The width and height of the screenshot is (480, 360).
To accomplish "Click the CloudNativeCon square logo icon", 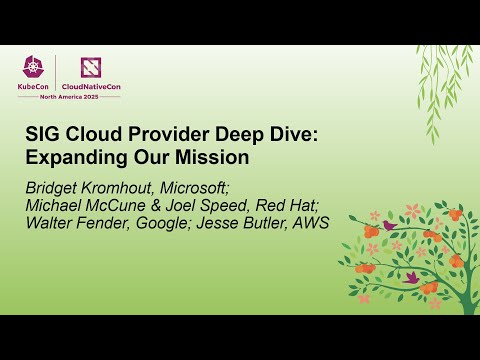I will (90, 67).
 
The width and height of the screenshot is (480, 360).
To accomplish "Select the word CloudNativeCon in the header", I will (94, 86).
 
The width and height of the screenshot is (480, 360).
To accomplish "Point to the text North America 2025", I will (68, 96).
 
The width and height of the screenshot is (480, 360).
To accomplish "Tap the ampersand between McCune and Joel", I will (178, 204).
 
